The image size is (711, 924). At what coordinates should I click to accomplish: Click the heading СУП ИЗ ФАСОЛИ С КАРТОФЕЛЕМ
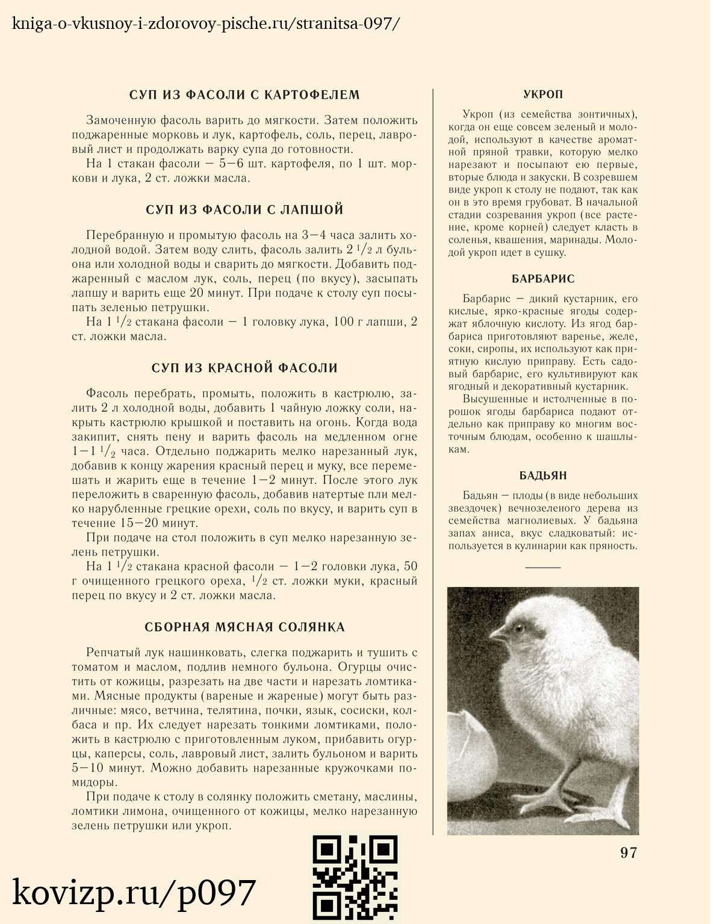pos(244,95)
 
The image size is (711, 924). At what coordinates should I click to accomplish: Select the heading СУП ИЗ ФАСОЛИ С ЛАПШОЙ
pos(244,210)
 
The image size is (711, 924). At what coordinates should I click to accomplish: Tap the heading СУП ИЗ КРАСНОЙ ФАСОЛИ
pos(244,368)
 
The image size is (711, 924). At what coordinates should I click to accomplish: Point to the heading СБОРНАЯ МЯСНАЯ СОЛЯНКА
pos(244,628)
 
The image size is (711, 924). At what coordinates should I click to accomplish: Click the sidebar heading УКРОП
pos(543,95)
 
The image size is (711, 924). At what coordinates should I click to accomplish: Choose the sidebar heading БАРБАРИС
pos(543,279)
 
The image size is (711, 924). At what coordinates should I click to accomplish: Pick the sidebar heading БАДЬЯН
pos(543,476)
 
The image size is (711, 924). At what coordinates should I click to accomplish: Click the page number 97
pos(629,852)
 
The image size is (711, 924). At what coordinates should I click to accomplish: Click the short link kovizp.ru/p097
pos(134,893)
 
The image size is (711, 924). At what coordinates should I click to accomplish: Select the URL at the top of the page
pos(205,25)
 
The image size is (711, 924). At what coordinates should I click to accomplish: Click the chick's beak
pos(497,633)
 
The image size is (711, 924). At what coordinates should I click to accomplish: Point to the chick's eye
pos(519,629)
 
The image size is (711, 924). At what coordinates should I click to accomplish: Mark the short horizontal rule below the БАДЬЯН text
pos(543,567)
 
